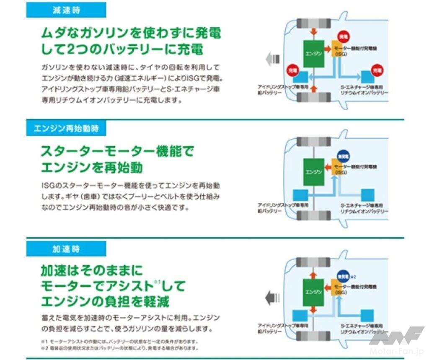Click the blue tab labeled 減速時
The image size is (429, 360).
[x=66, y=10]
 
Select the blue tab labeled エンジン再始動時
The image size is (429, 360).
[x=66, y=128]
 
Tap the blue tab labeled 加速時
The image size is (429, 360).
[x=66, y=249]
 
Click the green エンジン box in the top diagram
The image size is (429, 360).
[x=313, y=54]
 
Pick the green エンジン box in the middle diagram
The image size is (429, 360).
[x=313, y=172]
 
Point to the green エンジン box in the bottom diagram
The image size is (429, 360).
[x=313, y=291]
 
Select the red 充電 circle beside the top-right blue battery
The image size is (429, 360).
[x=377, y=71]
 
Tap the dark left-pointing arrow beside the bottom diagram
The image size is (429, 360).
[x=272, y=299]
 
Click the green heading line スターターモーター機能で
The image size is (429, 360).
[x=117, y=151]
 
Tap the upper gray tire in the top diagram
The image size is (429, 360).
[x=313, y=23]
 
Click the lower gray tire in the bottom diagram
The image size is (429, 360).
[x=313, y=336]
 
